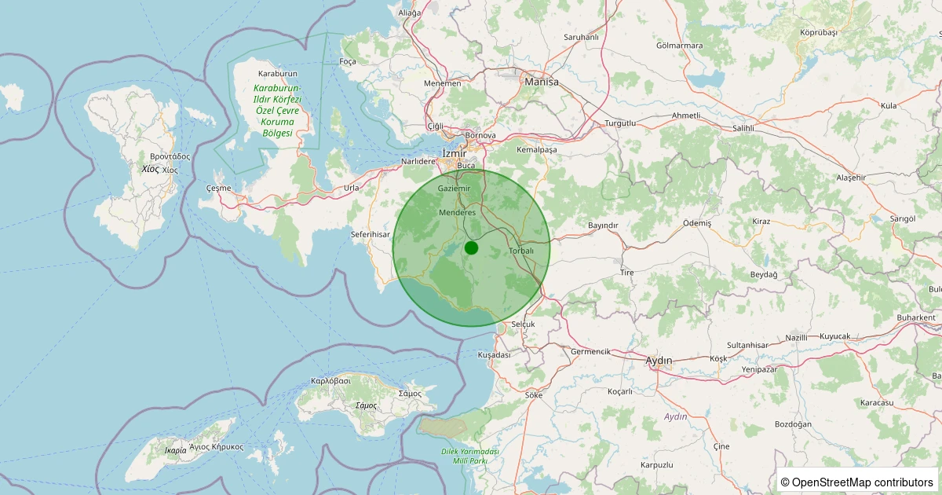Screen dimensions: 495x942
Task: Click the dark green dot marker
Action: coord(471,247)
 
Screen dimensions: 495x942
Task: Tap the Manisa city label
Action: coord(542,82)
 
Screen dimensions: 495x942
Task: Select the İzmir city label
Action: coord(454,153)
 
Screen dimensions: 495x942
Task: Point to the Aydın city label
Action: coord(659,361)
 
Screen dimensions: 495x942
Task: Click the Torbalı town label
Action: coord(521,251)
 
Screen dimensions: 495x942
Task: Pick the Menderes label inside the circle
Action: coord(458,213)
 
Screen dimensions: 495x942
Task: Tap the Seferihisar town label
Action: coord(370,234)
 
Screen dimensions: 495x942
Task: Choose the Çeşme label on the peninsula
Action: coord(218,189)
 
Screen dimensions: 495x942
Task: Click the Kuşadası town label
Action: coord(494,355)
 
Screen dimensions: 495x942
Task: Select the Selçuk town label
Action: coord(523,324)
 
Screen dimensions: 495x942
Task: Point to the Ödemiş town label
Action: coord(697,223)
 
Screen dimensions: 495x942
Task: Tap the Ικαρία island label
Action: coord(176,450)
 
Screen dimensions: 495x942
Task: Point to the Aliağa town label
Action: coord(410,13)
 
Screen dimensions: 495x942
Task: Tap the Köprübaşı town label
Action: coord(819,32)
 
